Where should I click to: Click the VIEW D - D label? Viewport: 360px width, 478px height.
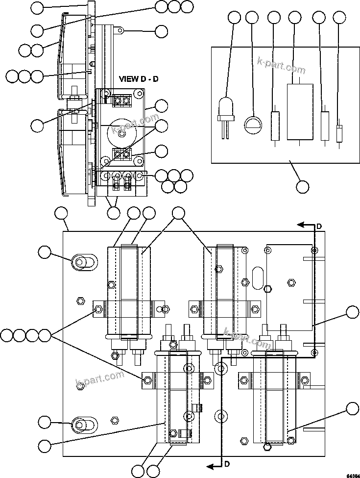(x=139, y=79)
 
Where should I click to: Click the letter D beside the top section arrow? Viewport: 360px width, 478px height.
(x=318, y=226)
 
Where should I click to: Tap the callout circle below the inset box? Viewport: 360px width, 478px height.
(x=303, y=186)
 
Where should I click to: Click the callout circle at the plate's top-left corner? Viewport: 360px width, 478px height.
(x=61, y=213)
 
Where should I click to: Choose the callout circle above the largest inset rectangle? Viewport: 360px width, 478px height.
(x=294, y=18)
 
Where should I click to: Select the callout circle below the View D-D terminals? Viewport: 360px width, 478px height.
(x=114, y=213)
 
